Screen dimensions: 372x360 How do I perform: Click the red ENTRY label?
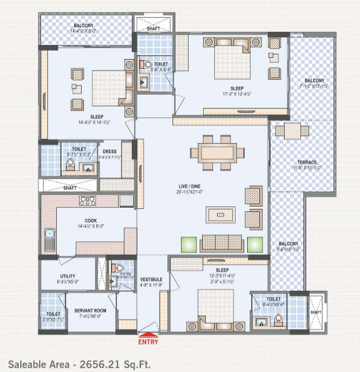click(x=148, y=342)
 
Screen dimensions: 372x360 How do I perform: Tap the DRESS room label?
click(x=109, y=152)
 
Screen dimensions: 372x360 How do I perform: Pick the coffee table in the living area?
click(x=221, y=214)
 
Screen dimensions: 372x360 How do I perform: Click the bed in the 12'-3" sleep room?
click(x=212, y=305)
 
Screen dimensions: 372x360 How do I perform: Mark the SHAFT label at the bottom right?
click(x=315, y=312)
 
